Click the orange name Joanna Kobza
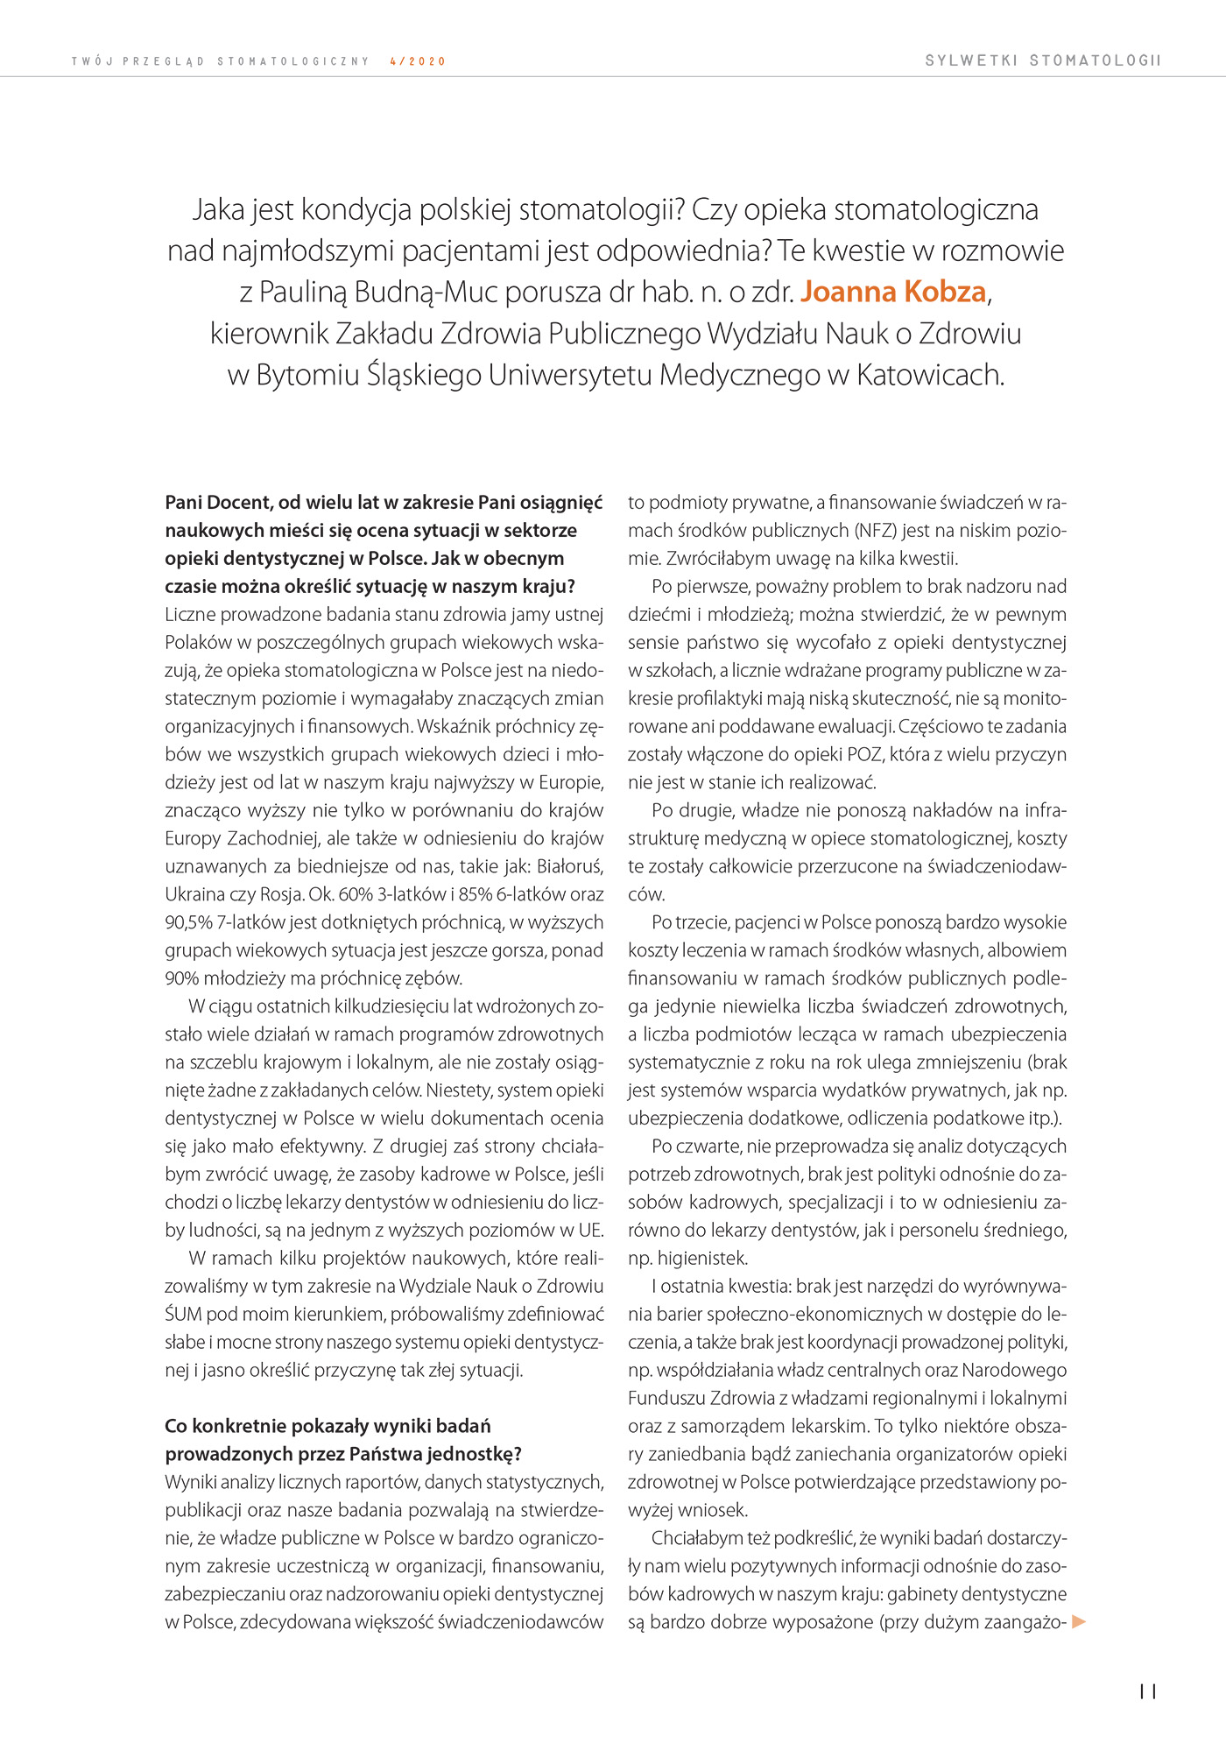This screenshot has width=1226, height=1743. pyautogui.click(x=893, y=292)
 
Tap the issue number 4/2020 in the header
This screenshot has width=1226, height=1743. pyautogui.click(x=418, y=61)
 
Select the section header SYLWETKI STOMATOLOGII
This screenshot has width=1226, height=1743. pyautogui.click(x=1042, y=60)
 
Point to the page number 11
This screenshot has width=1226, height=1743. pyautogui.click(x=1148, y=1691)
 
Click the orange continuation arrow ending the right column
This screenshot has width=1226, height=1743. pyautogui.click(x=1079, y=1621)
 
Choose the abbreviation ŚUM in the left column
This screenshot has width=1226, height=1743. pyautogui.click(x=183, y=1314)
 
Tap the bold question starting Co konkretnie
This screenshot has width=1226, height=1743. pyautogui.click(x=328, y=1426)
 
